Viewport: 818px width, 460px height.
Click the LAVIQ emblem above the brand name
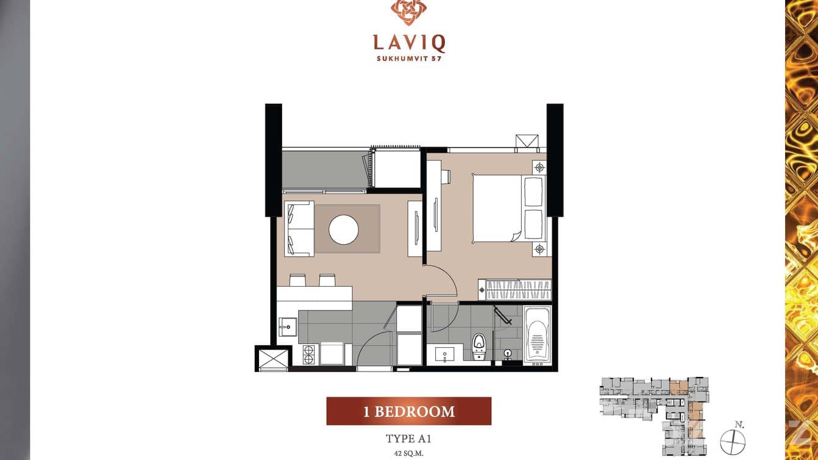coord(408,12)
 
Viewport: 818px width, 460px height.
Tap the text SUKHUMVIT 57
coord(409,59)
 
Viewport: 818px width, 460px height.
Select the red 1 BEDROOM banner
coord(408,411)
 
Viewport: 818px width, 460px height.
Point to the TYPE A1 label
coord(408,439)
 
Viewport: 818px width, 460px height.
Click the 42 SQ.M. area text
coord(408,453)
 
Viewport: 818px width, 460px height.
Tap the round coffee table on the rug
coord(343,229)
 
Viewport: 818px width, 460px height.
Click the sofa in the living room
coord(299,229)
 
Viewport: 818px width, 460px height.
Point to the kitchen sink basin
coord(288,326)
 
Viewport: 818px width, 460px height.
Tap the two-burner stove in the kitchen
coord(309,354)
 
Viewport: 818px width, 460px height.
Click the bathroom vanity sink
coord(444,354)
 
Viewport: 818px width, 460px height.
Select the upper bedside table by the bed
coord(539,168)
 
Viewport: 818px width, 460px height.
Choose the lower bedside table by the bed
coord(539,249)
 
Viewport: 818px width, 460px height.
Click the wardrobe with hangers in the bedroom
coord(515,290)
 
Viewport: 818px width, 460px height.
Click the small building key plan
coord(654,416)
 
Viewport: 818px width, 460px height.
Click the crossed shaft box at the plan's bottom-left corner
coord(273,359)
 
